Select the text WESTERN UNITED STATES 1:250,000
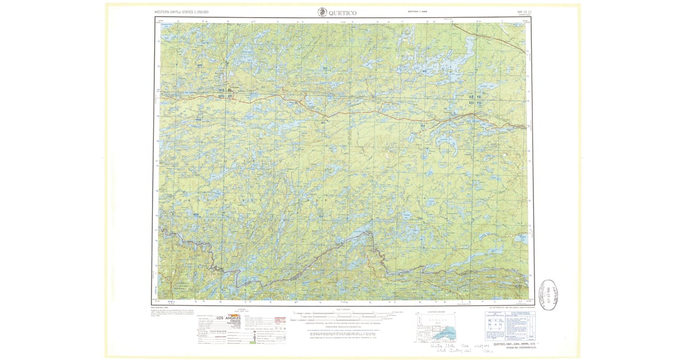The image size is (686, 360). coord(181,11)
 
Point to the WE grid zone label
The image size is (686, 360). coord(223,91)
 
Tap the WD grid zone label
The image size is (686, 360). coord(222,97)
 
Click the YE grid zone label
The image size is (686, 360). coord(479,97)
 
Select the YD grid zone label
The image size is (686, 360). coord(479,103)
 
